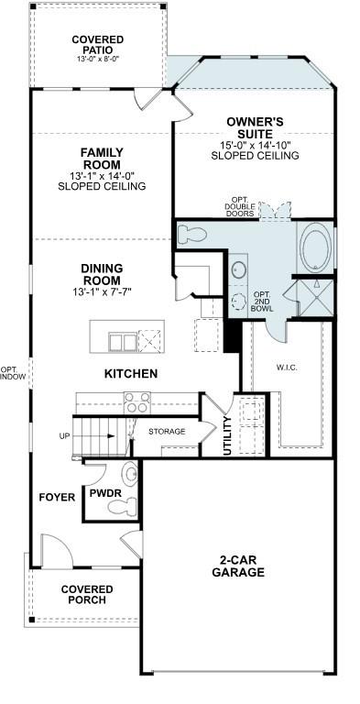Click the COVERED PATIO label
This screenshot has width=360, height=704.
point(98,45)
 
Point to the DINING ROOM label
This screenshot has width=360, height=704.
point(101,274)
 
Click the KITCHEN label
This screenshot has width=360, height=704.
point(131,374)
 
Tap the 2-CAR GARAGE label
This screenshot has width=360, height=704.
point(242,566)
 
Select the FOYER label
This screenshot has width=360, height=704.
point(57,497)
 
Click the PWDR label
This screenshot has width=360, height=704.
point(100,492)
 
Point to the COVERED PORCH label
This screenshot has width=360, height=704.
point(87,595)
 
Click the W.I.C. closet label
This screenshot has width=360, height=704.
point(288,368)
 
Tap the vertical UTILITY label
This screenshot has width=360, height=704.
point(227,436)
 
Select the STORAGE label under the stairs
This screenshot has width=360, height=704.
point(167,431)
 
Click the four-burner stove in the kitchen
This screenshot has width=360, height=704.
point(136,402)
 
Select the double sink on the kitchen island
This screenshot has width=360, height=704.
point(121,342)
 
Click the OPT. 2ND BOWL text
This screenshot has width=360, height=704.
point(261,300)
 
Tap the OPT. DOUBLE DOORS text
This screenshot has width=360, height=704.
point(241,209)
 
